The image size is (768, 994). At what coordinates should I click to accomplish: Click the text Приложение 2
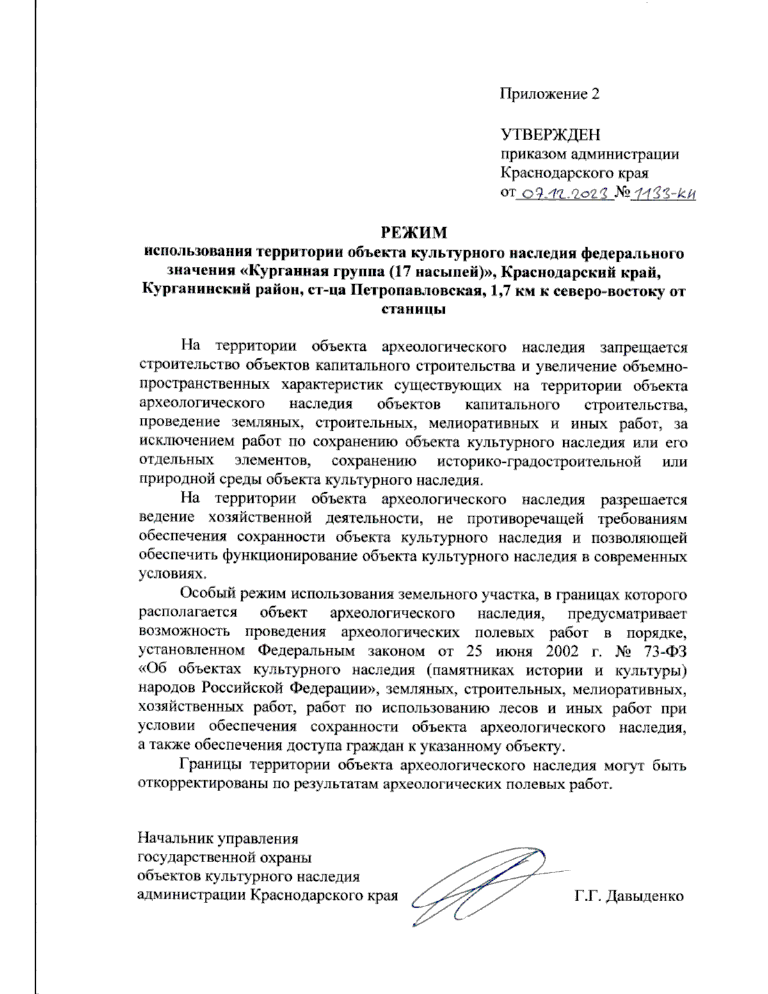(549, 94)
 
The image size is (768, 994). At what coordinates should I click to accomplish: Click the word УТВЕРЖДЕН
(550, 135)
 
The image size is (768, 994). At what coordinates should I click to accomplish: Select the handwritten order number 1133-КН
(663, 193)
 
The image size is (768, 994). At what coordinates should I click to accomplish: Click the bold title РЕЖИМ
(414, 232)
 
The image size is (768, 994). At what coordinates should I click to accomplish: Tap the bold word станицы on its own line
(413, 309)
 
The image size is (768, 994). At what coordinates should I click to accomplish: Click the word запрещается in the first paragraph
(643, 348)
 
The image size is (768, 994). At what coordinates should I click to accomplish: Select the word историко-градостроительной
(539, 461)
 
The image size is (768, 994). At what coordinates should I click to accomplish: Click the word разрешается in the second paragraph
(643, 499)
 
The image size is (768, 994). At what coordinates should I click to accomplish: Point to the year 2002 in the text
(562, 651)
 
